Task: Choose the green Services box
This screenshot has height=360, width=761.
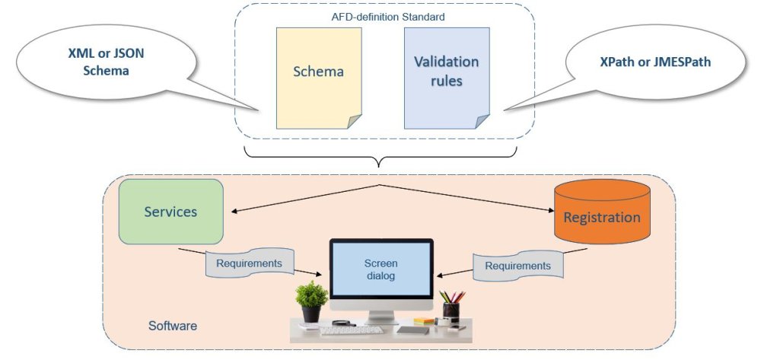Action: [170, 212]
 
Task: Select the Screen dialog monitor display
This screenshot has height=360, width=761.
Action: [380, 270]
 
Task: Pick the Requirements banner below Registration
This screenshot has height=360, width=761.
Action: [517, 266]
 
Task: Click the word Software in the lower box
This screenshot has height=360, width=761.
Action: [173, 326]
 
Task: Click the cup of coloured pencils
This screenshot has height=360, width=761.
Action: [451, 304]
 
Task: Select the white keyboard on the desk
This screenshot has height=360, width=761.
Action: [351, 330]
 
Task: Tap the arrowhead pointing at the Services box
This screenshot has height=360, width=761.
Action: [236, 212]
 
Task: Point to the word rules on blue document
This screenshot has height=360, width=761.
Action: [446, 80]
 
